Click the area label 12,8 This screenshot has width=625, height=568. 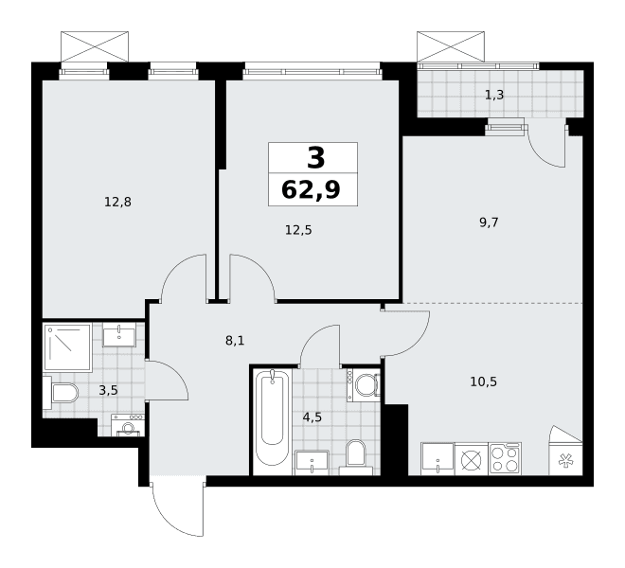(117, 202)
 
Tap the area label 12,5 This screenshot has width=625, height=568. (298, 230)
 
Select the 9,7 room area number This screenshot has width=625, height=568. (489, 222)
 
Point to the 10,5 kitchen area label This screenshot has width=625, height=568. (484, 382)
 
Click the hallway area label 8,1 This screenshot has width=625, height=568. (235, 341)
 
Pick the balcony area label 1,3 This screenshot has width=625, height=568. (494, 95)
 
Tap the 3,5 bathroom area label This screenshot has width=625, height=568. (108, 390)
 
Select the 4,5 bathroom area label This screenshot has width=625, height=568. (312, 417)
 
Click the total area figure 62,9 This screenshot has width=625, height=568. (311, 189)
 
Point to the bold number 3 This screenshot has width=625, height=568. (316, 158)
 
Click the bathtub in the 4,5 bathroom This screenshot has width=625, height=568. (272, 417)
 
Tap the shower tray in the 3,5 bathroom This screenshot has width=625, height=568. (68, 346)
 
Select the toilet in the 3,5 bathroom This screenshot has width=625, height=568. (61, 393)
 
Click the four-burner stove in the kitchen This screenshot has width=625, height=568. (505, 458)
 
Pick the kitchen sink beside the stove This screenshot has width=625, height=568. (437, 459)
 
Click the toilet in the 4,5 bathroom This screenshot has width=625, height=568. (356, 457)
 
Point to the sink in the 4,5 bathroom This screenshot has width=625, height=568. (312, 463)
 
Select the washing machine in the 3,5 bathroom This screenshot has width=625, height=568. (128, 425)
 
